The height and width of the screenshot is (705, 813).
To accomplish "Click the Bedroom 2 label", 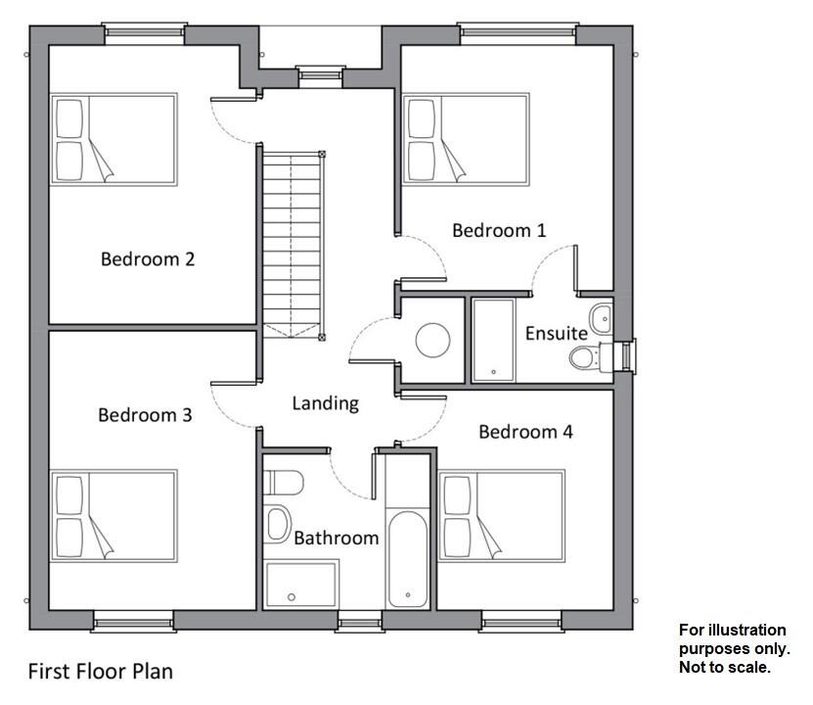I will pyautogui.click(x=148, y=259).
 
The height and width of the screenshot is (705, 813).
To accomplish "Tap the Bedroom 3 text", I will pyautogui.click(x=145, y=415).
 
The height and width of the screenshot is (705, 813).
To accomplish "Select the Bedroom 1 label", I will pyautogui.click(x=499, y=230).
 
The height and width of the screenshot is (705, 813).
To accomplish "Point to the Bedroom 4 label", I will pyautogui.click(x=525, y=431).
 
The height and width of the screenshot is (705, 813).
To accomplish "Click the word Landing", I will pyautogui.click(x=326, y=402).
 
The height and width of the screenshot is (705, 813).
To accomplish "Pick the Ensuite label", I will pyautogui.click(x=557, y=333).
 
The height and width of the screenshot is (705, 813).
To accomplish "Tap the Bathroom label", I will pyautogui.click(x=336, y=538).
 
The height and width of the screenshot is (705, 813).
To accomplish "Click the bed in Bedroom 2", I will pyautogui.click(x=113, y=139).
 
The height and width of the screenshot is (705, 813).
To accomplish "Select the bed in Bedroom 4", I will pyautogui.click(x=501, y=515).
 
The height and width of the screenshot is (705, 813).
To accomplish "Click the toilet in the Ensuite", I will pyautogui.click(x=583, y=358).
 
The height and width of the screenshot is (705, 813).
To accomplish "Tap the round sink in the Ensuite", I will pyautogui.click(x=601, y=316).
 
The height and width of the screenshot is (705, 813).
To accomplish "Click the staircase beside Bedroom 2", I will pyautogui.click(x=292, y=240).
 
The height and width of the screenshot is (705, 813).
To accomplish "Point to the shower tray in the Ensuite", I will pyautogui.click(x=493, y=340).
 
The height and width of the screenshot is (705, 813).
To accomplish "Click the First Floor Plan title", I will pyautogui.click(x=100, y=672).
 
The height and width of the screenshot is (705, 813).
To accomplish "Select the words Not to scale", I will pyautogui.click(x=724, y=668).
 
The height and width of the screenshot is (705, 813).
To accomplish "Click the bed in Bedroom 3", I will pyautogui.click(x=113, y=515).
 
